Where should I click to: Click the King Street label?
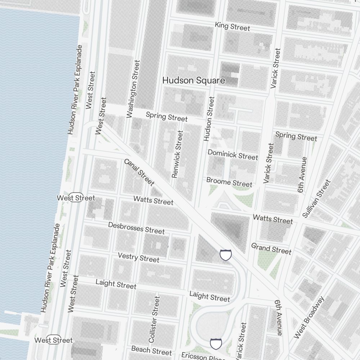coord(232,26)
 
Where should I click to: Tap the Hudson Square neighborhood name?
coord(194,80)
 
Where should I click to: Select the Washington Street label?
coord(133,89)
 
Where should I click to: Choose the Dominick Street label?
coord(233,154)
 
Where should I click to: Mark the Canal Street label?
coord(139,172)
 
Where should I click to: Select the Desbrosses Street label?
coord(136,228)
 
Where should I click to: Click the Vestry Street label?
coord(139,257)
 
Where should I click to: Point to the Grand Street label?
coord(271,248)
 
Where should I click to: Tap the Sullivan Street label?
coord(316,199)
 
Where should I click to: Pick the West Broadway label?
coord(309,318)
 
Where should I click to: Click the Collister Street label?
coord(154,319)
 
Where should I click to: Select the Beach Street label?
coord(151,350)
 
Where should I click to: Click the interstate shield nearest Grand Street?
coord(226,255)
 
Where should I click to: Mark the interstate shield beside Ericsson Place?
coord(216,344)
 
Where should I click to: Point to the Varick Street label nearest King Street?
coord(275,69)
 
